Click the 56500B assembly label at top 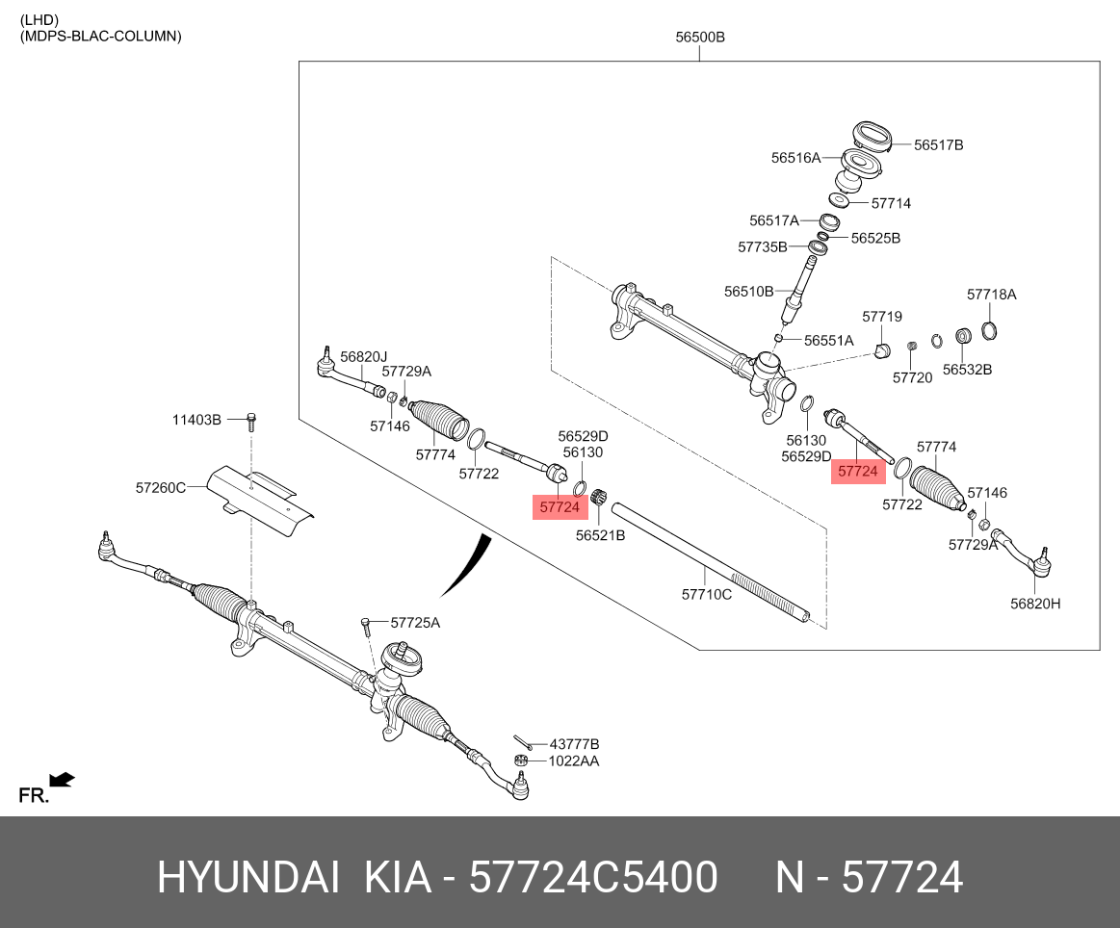(x=699, y=38)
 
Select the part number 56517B (x=938, y=145)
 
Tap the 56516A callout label (x=795, y=157)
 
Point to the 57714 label (x=891, y=204)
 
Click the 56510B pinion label (x=749, y=291)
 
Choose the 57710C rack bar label (x=707, y=595)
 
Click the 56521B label (x=600, y=535)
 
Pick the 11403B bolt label (x=196, y=420)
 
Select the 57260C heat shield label (x=160, y=489)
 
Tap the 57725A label (x=415, y=623)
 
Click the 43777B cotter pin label (x=574, y=744)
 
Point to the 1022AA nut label (x=574, y=760)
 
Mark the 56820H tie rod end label (x=1035, y=604)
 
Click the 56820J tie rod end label (x=364, y=356)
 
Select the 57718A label (x=992, y=295)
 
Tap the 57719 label (x=882, y=316)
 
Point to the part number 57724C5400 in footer (x=593, y=878)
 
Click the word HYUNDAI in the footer (x=248, y=878)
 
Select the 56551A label (x=829, y=341)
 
